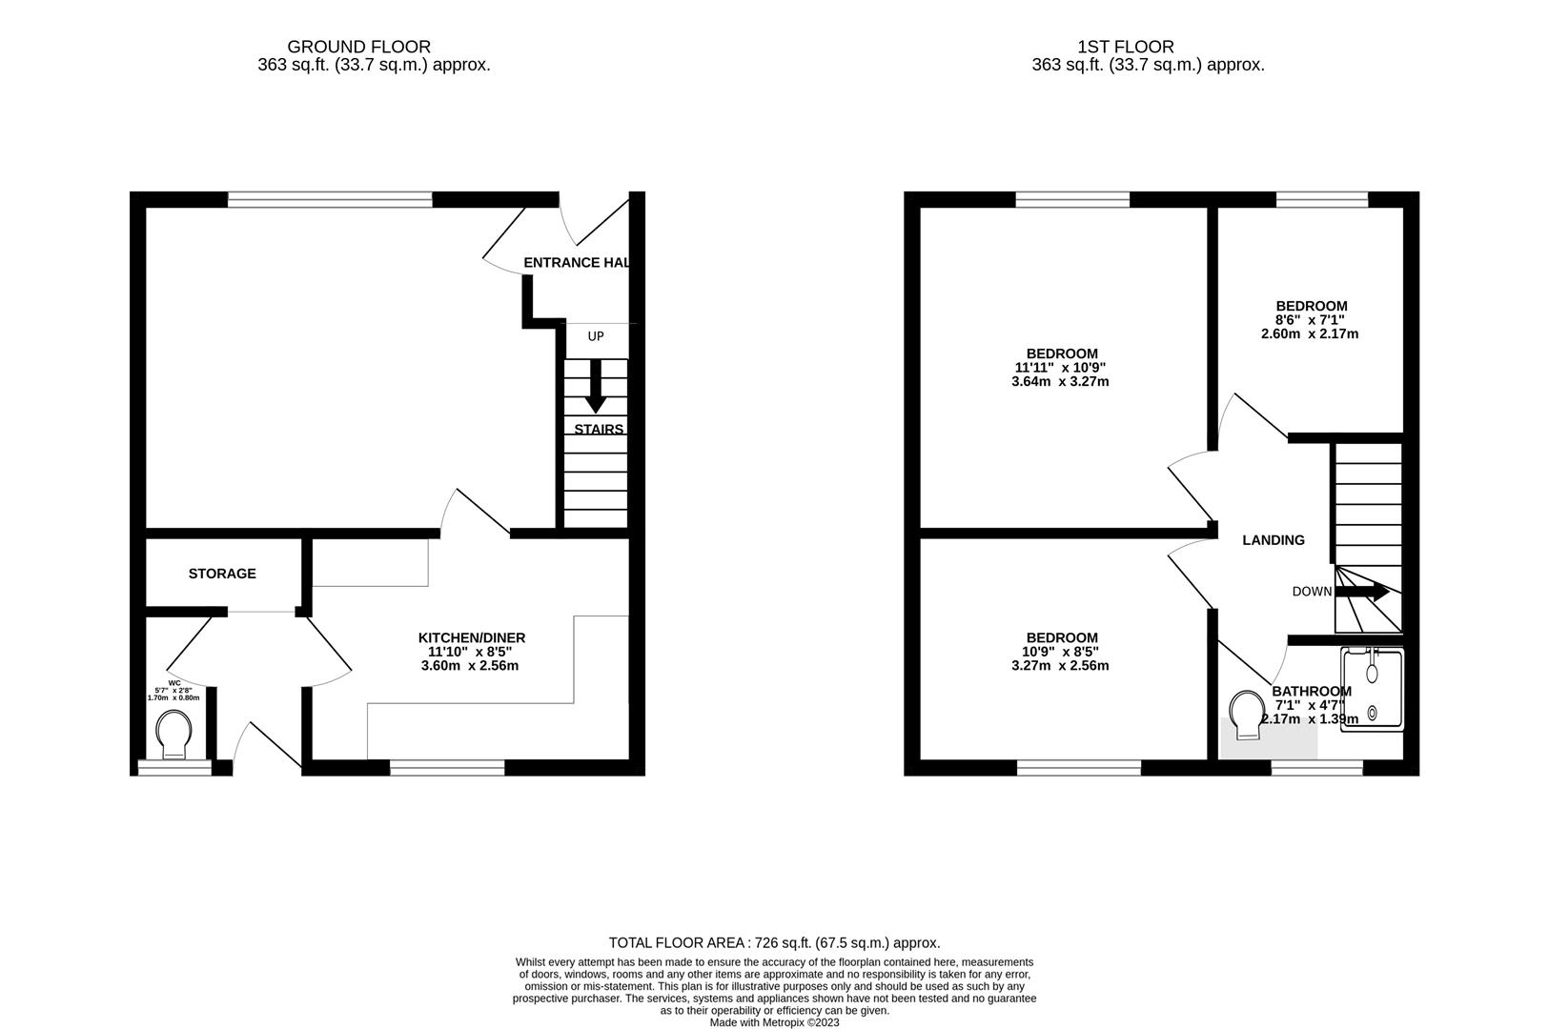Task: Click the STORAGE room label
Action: [222, 574]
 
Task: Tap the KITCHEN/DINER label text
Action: [472, 637]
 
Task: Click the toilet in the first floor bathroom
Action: [1246, 714]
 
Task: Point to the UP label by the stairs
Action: [596, 336]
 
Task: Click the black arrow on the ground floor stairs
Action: [596, 386]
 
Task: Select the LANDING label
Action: [1274, 540]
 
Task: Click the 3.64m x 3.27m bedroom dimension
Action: [1060, 382]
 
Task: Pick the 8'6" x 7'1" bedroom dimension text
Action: [1312, 320]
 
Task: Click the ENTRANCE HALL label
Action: [576, 263]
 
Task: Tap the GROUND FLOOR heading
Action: [358, 47]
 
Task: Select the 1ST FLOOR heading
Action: [1126, 47]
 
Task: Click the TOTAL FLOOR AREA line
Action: [774, 943]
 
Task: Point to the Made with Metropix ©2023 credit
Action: [774, 1022]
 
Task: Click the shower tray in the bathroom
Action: [1373, 688]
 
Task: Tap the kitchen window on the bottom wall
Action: [447, 767]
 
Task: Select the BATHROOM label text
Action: [1312, 692]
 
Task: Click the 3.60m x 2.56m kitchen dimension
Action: [470, 666]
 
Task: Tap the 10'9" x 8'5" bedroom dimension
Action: [1061, 652]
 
